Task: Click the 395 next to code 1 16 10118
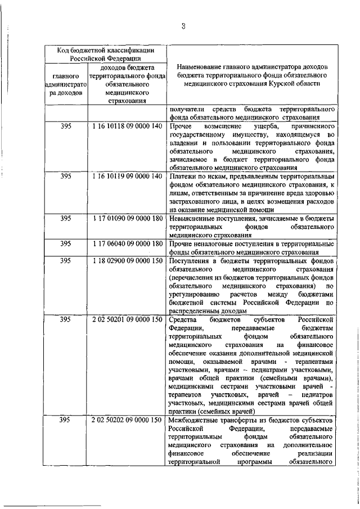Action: click(66, 127)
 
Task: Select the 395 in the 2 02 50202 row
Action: click(66, 420)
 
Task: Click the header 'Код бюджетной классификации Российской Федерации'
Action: click(102, 53)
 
